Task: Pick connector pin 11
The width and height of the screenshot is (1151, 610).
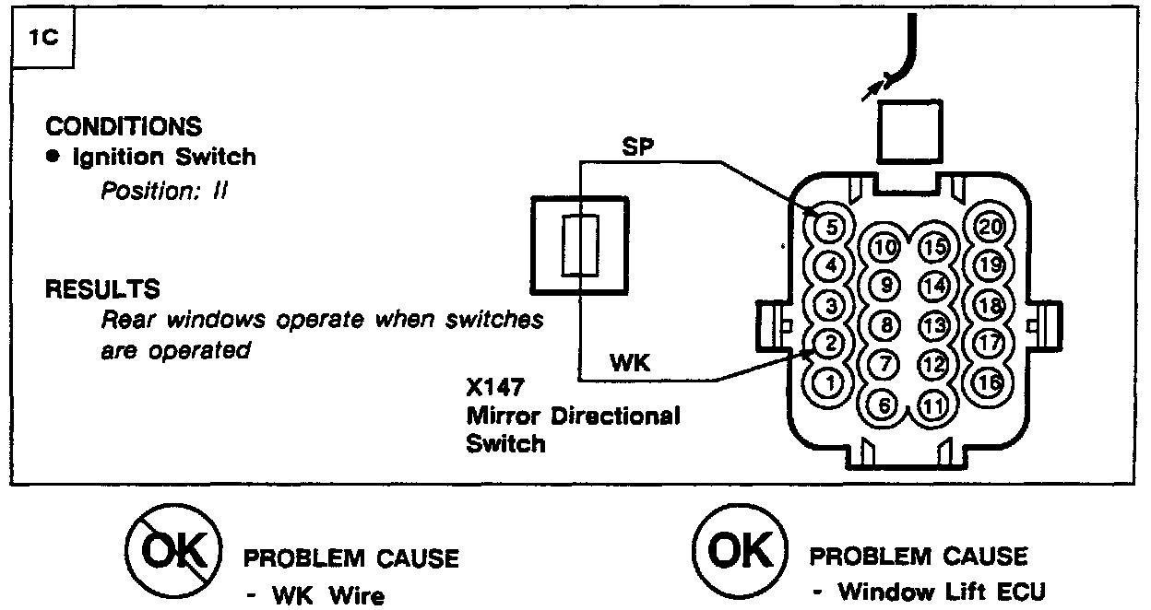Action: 935,404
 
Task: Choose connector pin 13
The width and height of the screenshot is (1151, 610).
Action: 935,325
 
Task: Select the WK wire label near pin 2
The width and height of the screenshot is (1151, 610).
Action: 630,364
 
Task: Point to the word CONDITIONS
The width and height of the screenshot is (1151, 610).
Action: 123,126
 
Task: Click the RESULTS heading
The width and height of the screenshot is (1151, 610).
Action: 102,289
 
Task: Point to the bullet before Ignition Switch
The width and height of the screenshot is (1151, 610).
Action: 53,158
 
